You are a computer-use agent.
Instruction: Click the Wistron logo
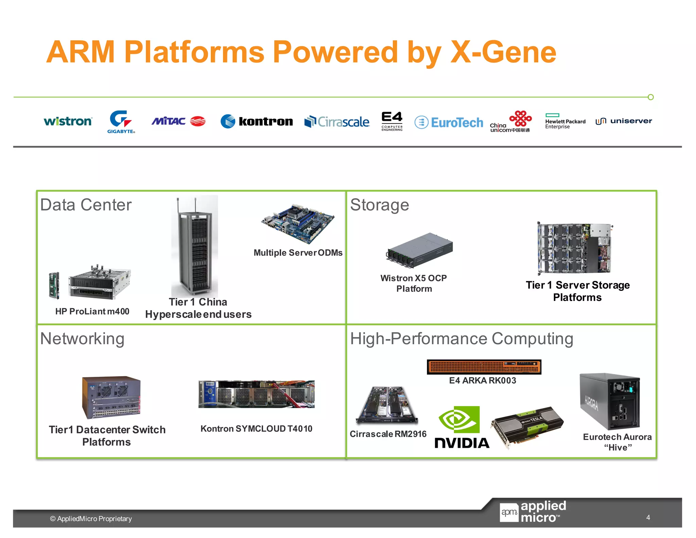click(x=68, y=121)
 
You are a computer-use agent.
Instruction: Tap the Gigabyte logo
click(x=121, y=121)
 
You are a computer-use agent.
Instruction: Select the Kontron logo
click(x=257, y=121)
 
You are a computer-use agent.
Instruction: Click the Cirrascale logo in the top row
click(x=337, y=122)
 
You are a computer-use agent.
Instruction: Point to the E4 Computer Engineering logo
click(x=392, y=121)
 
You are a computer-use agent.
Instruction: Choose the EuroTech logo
click(x=449, y=122)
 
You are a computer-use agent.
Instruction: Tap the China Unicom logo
click(x=510, y=122)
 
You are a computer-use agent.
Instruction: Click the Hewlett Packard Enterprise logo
click(x=565, y=122)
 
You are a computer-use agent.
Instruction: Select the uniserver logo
click(x=624, y=121)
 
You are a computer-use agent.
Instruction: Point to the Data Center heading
click(x=86, y=205)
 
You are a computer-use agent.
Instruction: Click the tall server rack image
click(x=195, y=247)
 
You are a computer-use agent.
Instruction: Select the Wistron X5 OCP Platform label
click(x=414, y=283)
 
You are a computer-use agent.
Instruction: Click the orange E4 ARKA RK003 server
click(x=484, y=367)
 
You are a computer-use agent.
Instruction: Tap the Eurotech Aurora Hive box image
click(x=610, y=401)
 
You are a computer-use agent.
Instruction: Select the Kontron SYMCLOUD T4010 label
click(x=256, y=428)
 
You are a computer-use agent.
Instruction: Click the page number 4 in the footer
click(x=648, y=517)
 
